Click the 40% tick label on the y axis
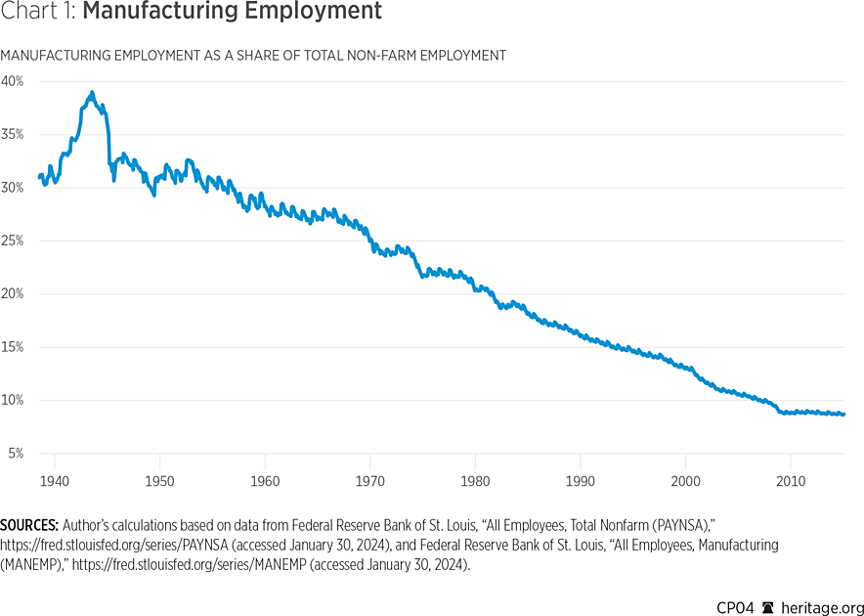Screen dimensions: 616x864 [x=12, y=81]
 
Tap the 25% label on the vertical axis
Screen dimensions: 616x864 [x=12, y=241]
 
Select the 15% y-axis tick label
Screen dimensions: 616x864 [x=12, y=347]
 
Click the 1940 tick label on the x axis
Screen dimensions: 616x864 [x=55, y=481]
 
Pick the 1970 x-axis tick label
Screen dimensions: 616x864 [x=370, y=481]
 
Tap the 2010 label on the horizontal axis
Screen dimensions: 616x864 [x=791, y=481]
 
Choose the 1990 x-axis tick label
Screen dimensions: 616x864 [x=581, y=481]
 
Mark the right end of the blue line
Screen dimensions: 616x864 [x=843, y=415]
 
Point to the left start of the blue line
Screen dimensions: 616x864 [x=39, y=177]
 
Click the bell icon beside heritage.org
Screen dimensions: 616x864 [x=767, y=605]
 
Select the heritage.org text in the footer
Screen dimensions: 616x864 [x=817, y=605]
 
